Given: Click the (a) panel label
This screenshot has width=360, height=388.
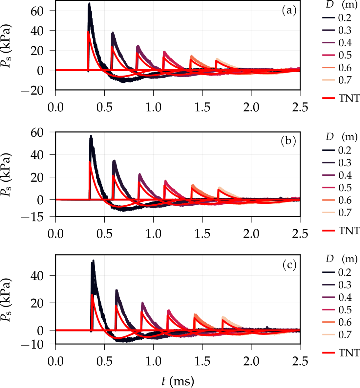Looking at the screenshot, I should click(289, 11).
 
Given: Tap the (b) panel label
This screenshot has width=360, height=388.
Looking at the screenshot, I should click(288, 141).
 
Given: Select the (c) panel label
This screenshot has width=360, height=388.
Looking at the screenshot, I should click(289, 265).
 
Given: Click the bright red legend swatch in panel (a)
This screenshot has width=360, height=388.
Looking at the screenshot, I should click(329, 98).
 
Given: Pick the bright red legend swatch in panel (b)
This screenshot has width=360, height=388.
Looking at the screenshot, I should click(329, 231).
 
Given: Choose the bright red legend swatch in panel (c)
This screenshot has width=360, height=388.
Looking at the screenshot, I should click(329, 353).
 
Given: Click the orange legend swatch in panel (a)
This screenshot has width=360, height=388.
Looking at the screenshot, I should click(329, 68).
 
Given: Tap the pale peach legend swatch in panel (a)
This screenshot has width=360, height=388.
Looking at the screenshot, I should click(329, 80).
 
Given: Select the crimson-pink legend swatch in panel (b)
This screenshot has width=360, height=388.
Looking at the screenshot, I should click(329, 188).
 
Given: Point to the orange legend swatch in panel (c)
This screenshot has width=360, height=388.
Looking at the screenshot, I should click(329, 322).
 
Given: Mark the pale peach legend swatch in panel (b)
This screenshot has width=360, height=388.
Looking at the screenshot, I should click(329, 213).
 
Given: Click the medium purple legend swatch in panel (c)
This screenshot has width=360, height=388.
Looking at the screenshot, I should click(329, 297).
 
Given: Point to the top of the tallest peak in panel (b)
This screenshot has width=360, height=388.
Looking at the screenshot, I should click(91, 135).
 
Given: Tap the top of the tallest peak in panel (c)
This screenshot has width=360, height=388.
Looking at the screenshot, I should click(93, 260).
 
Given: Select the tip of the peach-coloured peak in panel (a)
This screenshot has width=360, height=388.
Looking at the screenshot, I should click(217, 58).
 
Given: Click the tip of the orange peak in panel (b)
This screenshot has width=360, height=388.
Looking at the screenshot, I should click(193, 185).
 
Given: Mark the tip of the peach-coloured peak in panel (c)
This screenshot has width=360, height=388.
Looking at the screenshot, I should click(223, 316).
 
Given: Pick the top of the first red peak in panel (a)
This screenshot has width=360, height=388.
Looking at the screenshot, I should click(88, 32).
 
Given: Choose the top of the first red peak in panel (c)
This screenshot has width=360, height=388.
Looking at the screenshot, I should click(92, 295).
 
